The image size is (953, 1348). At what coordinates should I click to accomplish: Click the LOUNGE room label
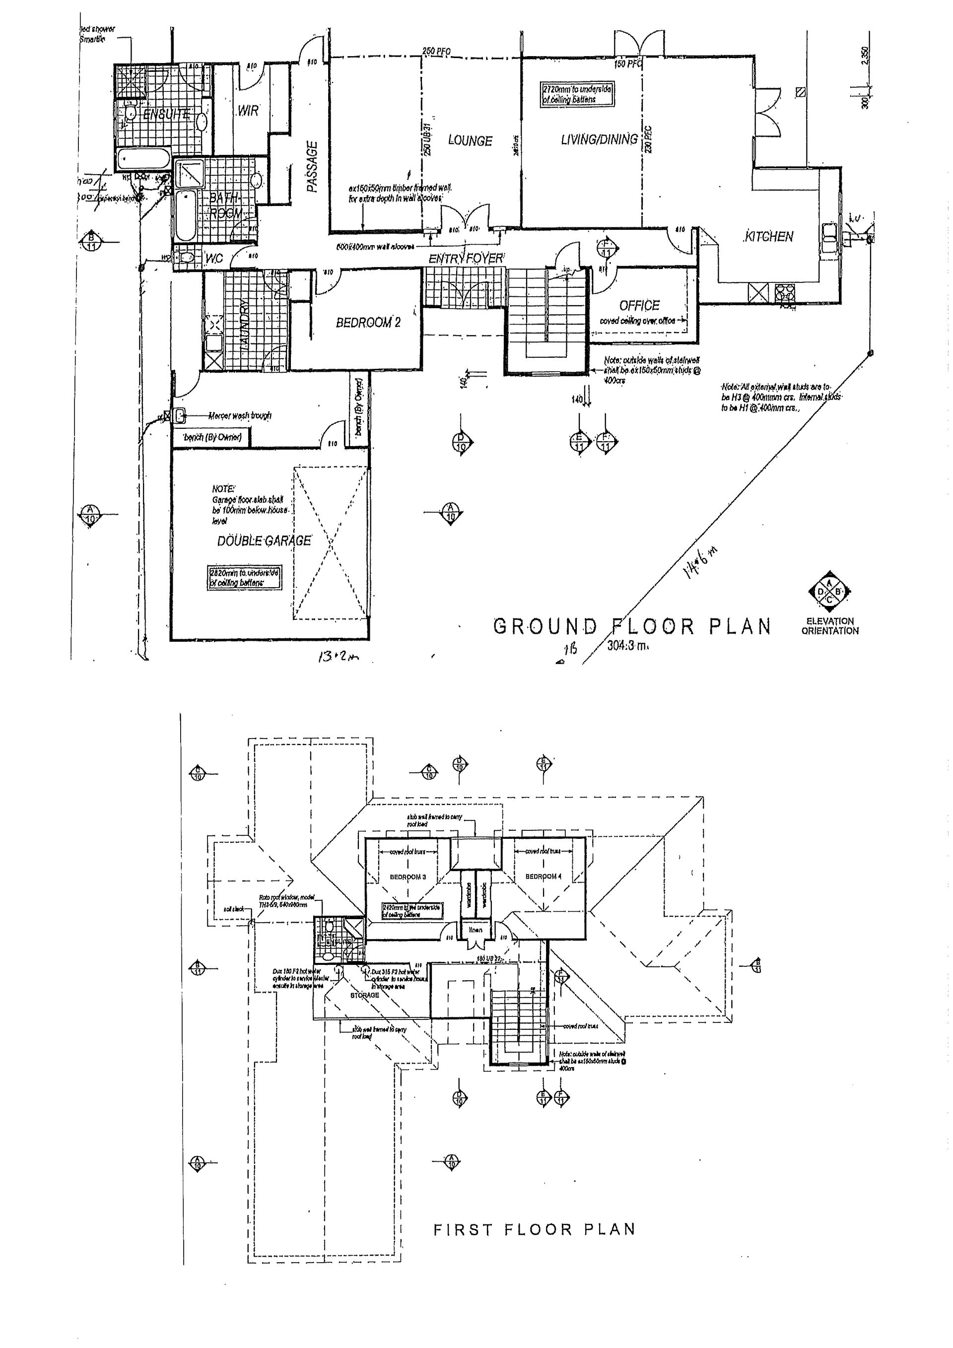coord(470,141)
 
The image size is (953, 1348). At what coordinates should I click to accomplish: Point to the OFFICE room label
coord(639,305)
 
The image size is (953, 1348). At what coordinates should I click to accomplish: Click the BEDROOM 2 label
coord(368,322)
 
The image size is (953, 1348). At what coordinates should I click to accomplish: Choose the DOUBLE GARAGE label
coord(264,540)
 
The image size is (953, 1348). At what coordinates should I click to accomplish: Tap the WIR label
coord(247,110)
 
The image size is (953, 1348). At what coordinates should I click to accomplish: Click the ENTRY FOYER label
coord(466,258)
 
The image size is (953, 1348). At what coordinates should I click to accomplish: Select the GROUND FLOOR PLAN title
coord(632,627)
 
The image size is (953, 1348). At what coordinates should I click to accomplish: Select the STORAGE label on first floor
coord(365,996)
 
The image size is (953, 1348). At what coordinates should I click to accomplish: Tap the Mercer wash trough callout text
coord(240,416)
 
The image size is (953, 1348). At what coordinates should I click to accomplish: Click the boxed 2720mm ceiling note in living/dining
coord(577,94)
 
